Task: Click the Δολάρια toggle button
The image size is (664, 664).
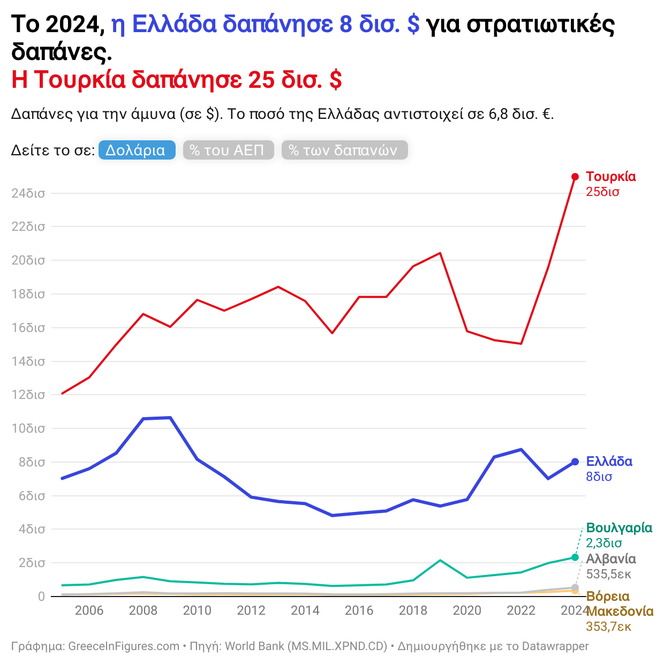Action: pos(137,150)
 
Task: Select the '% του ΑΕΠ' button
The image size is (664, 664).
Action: pos(228,150)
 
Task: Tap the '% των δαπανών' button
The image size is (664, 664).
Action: pos(344,150)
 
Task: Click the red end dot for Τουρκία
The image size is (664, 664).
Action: pos(575,177)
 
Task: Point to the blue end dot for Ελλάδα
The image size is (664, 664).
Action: pos(575,462)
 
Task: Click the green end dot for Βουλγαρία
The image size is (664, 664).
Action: pos(575,557)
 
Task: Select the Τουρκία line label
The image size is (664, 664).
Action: pos(610,177)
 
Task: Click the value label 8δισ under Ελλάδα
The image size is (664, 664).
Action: pos(599,477)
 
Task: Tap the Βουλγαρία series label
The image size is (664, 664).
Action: pos(619,528)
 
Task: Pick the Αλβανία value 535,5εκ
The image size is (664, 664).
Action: pos(608,574)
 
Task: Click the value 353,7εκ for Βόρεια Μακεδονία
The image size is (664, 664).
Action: pos(608,627)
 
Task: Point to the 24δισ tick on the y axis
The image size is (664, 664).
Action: pos(28,193)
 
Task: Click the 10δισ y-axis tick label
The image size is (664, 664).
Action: pos(28,428)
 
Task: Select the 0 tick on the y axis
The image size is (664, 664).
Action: pos(41,597)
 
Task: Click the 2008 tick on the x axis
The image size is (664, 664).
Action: pos(143,610)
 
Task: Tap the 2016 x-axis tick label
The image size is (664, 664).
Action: pos(359,610)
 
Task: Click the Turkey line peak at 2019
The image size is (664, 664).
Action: pos(440,253)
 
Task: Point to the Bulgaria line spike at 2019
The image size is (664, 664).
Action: pos(440,560)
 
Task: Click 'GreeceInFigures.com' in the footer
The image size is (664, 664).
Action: pos(124,646)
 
